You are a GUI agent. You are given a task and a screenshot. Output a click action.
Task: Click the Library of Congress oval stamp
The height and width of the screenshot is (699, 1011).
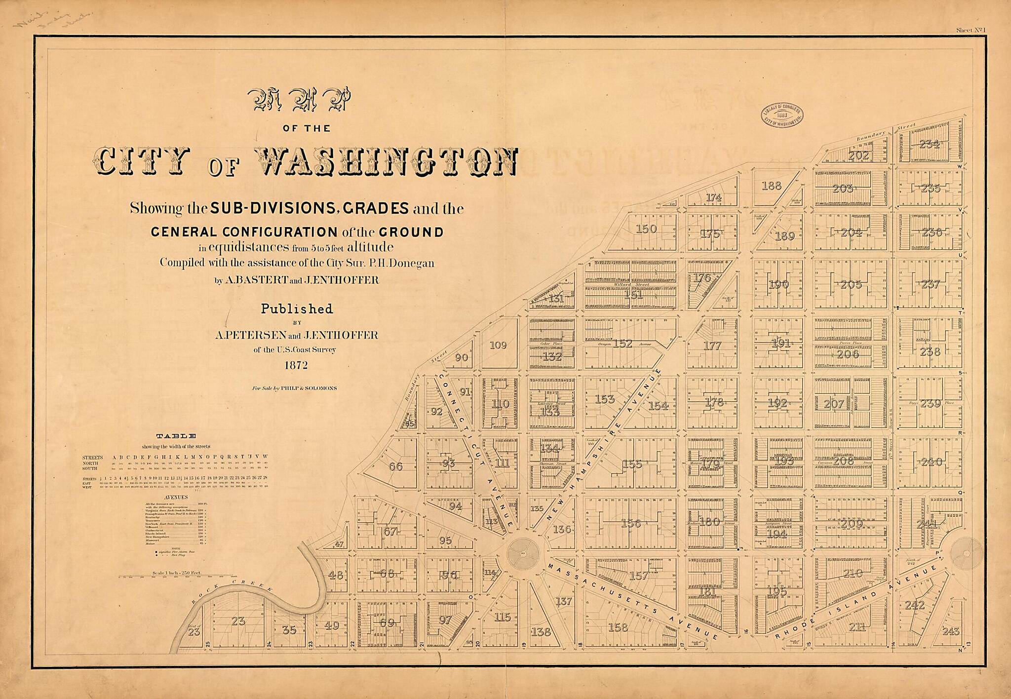(781, 116)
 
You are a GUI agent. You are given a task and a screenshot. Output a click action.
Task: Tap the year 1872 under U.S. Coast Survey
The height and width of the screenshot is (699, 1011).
(296, 365)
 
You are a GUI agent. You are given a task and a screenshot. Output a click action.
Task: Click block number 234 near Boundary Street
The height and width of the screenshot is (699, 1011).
(929, 144)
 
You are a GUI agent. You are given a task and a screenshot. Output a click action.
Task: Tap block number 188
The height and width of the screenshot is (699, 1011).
(771, 186)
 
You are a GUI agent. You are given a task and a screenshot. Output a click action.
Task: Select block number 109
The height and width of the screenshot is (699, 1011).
(498, 345)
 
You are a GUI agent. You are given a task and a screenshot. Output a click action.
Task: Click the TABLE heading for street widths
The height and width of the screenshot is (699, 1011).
(176, 436)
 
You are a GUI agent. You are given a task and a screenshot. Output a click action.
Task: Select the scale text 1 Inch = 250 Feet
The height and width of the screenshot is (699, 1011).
(177, 573)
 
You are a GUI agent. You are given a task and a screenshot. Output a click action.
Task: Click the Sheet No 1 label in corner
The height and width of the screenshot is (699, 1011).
(971, 30)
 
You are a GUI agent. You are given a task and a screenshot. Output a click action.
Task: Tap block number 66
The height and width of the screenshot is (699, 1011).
(396, 466)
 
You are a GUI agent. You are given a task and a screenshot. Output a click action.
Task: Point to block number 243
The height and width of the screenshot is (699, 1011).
(951, 631)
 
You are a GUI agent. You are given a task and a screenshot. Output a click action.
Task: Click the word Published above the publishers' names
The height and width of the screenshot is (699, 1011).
(297, 309)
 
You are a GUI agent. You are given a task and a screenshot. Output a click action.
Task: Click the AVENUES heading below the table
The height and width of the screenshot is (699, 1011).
(176, 497)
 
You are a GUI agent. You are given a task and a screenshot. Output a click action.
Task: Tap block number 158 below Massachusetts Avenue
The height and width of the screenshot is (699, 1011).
(618, 627)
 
